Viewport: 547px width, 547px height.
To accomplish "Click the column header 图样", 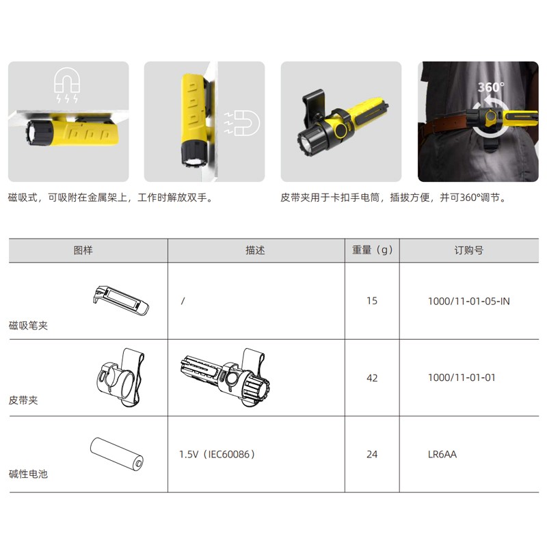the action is pyautogui.click(x=83, y=250).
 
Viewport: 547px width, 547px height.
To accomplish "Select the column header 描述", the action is pyautogui.click(x=255, y=250).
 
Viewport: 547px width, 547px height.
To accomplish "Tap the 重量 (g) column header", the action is pyautogui.click(x=372, y=250).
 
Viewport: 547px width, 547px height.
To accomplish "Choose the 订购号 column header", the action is pyautogui.click(x=468, y=250).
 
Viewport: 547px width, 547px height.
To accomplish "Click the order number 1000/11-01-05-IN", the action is pyautogui.click(x=468, y=301).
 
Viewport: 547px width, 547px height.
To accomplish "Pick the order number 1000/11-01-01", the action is pyautogui.click(x=462, y=377).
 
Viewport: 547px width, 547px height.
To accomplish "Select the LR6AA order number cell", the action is pyautogui.click(x=442, y=454).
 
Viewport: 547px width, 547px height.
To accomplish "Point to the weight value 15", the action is pyautogui.click(x=372, y=301).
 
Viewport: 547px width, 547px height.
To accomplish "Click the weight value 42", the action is pyautogui.click(x=372, y=378).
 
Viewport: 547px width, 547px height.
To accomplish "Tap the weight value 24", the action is pyautogui.click(x=372, y=454).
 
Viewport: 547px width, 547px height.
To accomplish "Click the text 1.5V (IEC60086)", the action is pyautogui.click(x=217, y=454).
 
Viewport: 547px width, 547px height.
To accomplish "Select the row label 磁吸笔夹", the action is pyautogui.click(x=28, y=325).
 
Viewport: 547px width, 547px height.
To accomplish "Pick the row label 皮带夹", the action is pyautogui.click(x=23, y=400).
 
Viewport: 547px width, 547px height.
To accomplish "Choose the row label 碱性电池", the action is pyautogui.click(x=28, y=474).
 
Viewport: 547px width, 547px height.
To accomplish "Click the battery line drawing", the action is pyautogui.click(x=116, y=454).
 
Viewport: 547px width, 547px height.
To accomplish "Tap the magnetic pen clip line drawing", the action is pyautogui.click(x=121, y=300).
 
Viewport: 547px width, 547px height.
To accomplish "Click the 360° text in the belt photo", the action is pyautogui.click(x=491, y=88).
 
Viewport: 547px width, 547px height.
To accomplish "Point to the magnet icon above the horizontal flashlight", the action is pyautogui.click(x=67, y=85).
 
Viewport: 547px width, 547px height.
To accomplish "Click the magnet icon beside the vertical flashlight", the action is pyautogui.click(x=242, y=123).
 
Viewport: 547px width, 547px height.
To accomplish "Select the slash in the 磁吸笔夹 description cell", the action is pyautogui.click(x=183, y=301).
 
